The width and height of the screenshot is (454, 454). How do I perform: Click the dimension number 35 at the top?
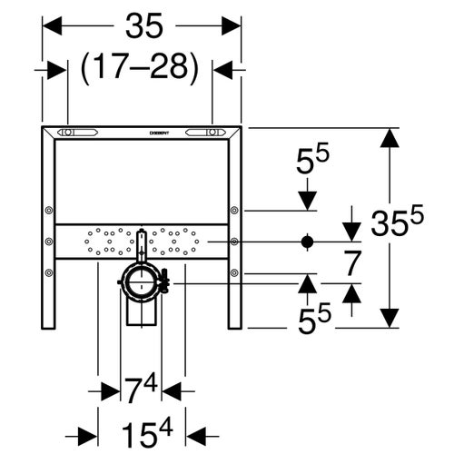pyautogui.click(x=143, y=27)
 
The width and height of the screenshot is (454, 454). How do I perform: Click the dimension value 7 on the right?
pyautogui.click(x=354, y=262)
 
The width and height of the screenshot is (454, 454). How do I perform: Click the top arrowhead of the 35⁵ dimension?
pyautogui.click(x=390, y=138)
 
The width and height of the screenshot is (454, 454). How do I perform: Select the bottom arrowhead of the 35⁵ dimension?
pyautogui.click(x=390, y=318)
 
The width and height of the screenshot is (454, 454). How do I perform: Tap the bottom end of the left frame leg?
pyautogui.click(x=47, y=322)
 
